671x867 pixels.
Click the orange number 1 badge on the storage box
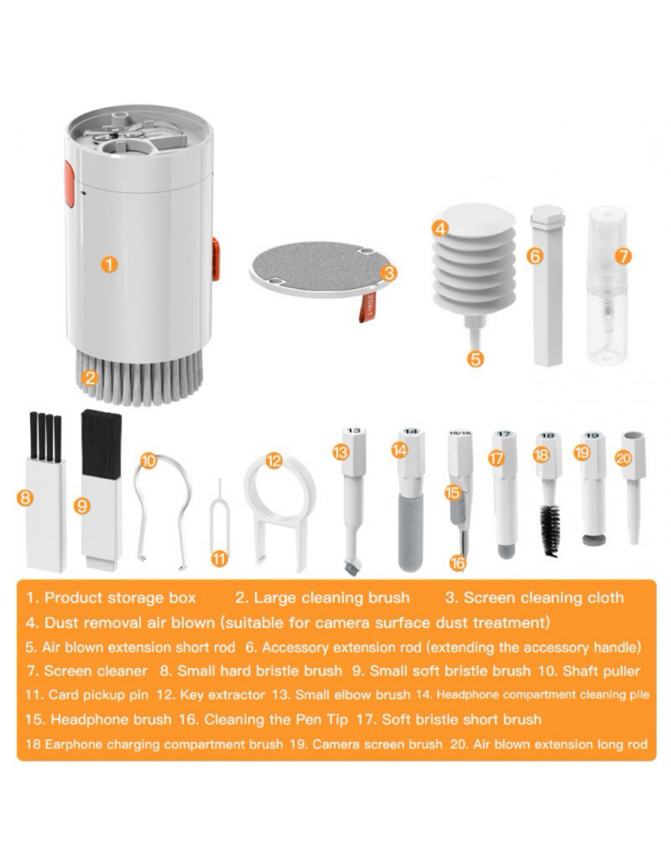109,265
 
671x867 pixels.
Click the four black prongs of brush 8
46,437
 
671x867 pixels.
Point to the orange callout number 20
623,458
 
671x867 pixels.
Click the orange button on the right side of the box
215,259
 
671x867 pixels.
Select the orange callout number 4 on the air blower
440,229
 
